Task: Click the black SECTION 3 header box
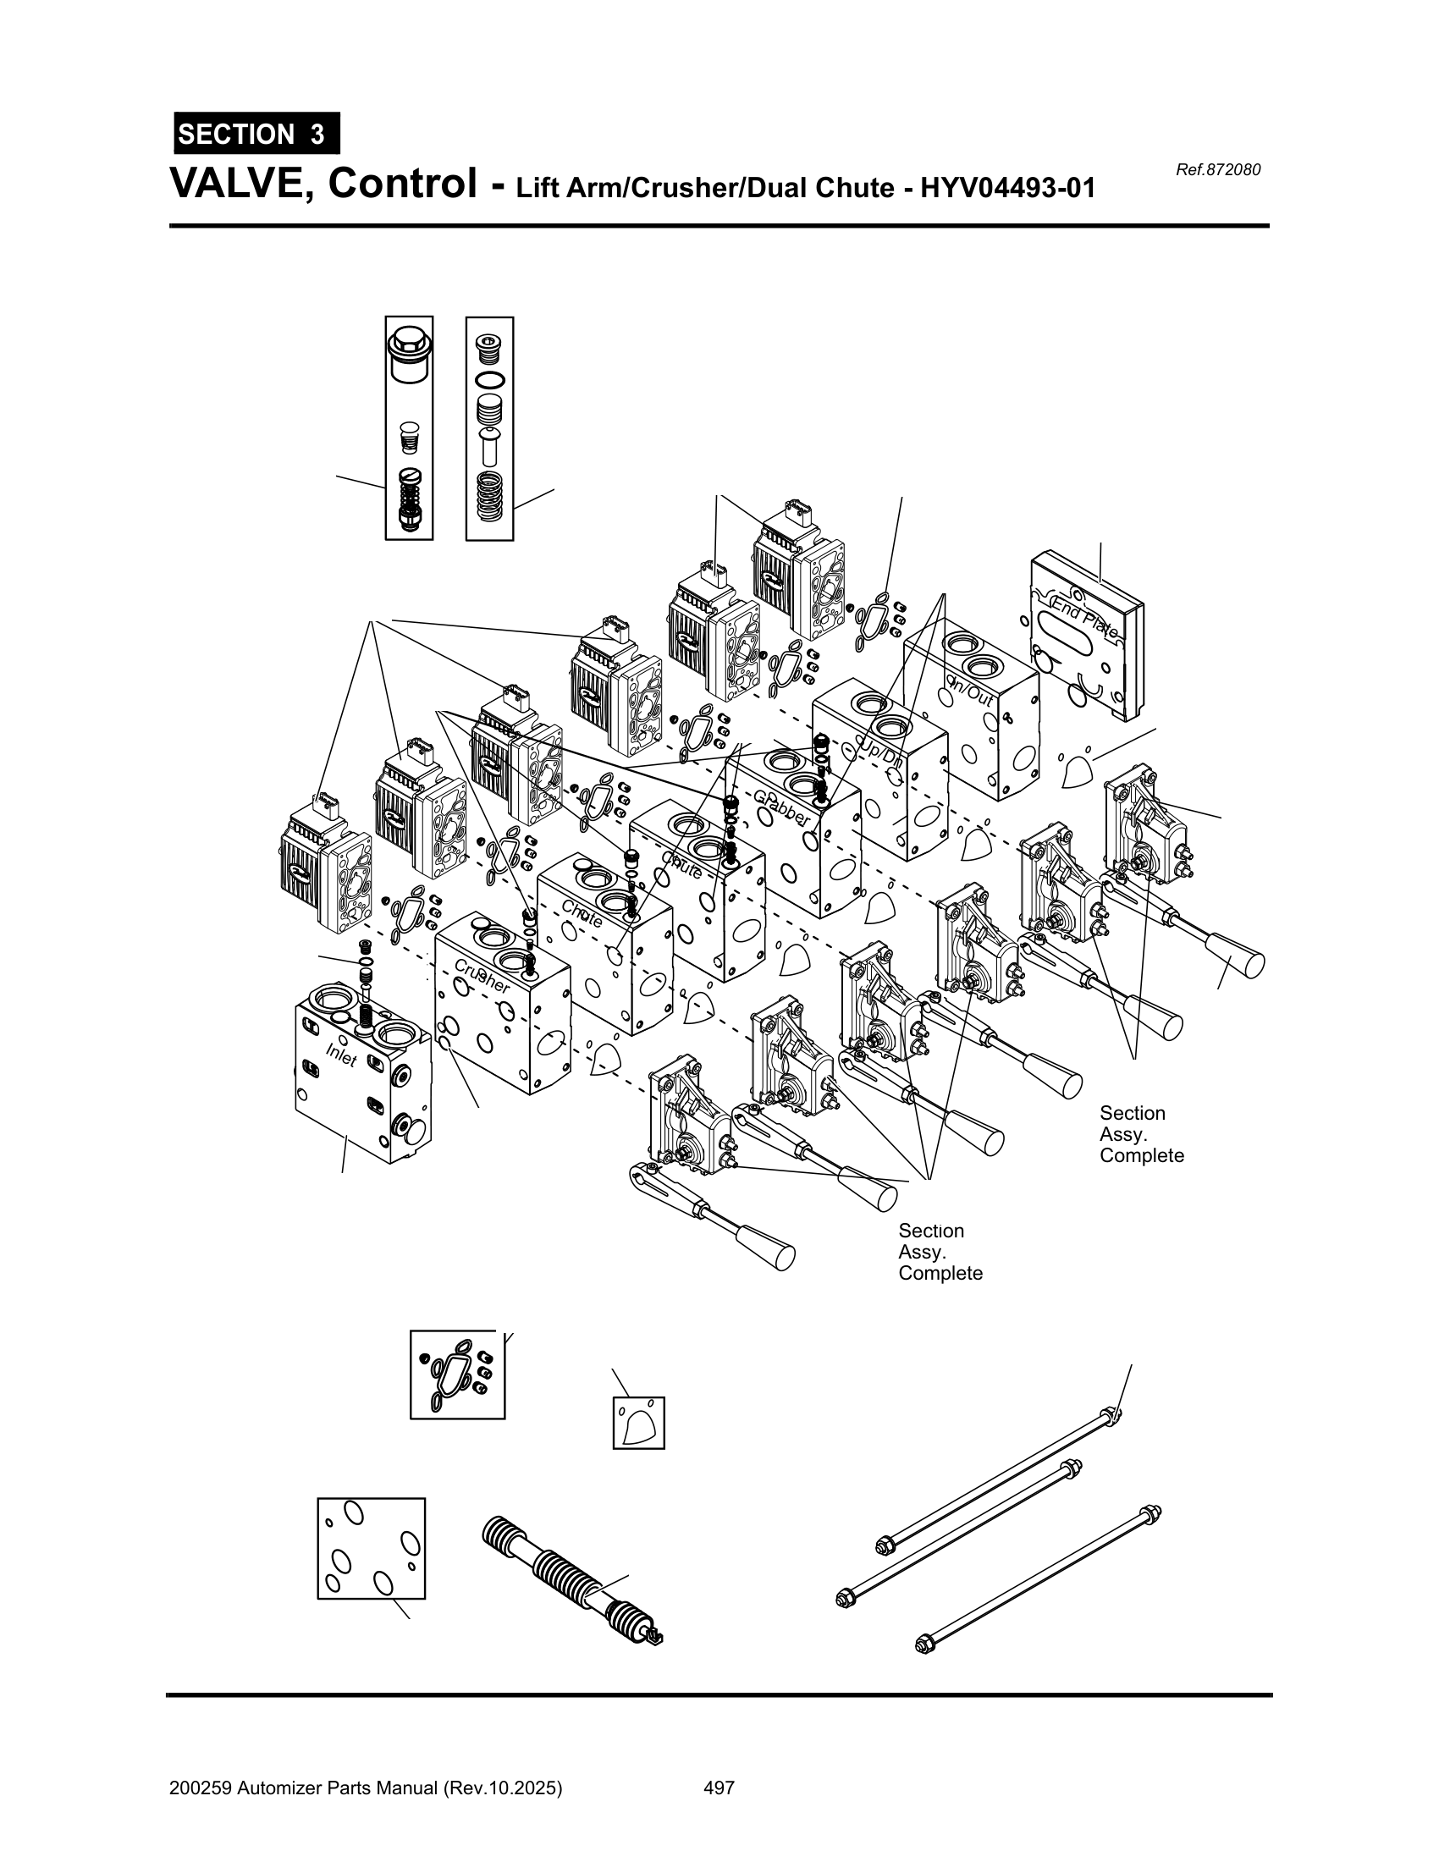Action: coord(256,134)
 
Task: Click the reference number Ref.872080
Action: coord(1217,169)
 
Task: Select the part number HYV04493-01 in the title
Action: coord(1007,187)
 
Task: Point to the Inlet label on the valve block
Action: coord(341,1055)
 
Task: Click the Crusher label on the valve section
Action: coord(482,976)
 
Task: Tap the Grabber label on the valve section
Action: coord(782,807)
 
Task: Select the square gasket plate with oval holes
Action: coord(371,1548)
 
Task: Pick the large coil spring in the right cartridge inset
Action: coord(489,497)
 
